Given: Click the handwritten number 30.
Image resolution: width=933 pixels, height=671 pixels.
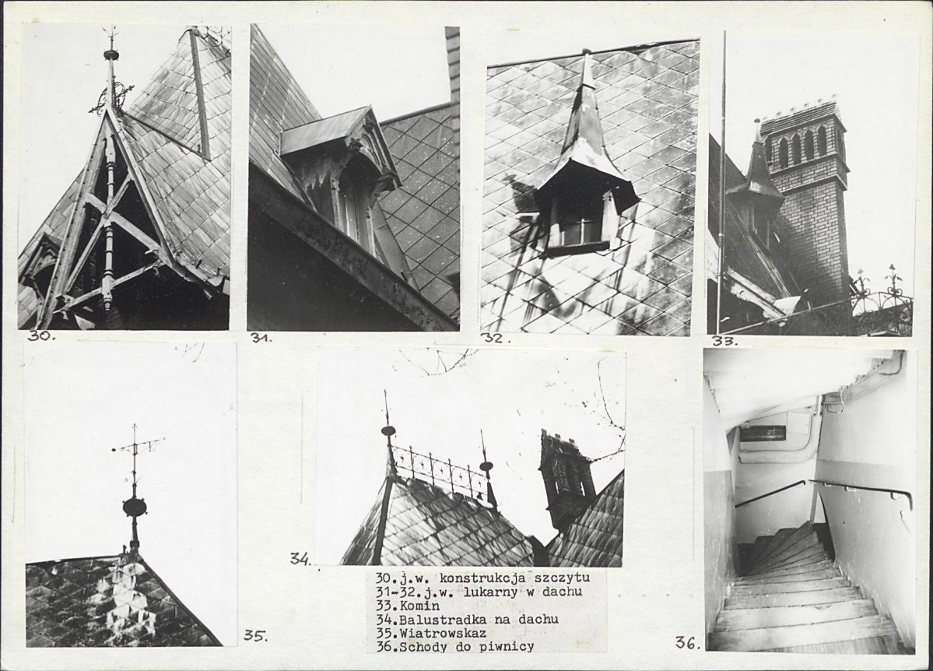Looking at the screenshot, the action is click(41, 335).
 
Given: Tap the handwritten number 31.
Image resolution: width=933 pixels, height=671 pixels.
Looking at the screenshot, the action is click(261, 338).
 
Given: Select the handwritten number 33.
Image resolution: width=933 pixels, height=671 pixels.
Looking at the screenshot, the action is click(725, 341).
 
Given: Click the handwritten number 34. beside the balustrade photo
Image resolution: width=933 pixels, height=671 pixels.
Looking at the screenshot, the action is click(300, 559).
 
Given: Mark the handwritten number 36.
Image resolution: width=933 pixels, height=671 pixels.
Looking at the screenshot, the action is click(688, 642).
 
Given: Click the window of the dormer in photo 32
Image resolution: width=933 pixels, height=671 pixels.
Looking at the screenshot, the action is click(578, 229).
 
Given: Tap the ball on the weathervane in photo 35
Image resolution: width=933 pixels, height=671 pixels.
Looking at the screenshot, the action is click(135, 508).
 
